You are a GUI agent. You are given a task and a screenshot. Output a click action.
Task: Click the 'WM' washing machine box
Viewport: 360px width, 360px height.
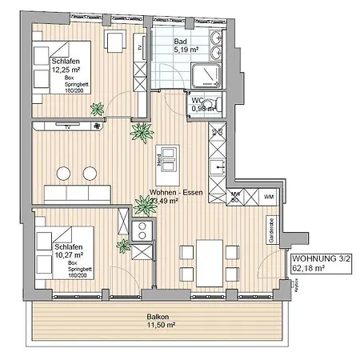268,195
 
